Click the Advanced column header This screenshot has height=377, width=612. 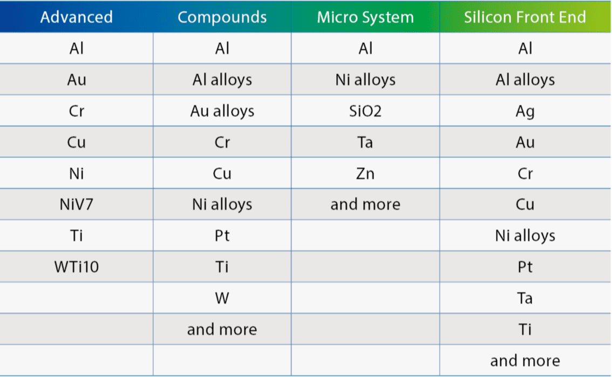tap(77, 17)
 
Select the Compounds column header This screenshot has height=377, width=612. tap(222, 17)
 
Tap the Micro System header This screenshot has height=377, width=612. tap(365, 17)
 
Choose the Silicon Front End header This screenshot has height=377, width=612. tap(525, 17)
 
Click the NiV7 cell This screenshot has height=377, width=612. tap(77, 204)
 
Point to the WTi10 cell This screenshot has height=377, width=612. tap(77, 267)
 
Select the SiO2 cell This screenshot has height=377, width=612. tap(365, 111)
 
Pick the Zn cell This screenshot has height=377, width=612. tap(365, 174)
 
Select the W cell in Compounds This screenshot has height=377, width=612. tap(222, 298)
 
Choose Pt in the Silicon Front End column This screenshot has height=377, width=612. tap(525, 267)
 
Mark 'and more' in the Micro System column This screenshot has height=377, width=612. tap(365, 204)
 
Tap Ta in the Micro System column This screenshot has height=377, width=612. tap(365, 142)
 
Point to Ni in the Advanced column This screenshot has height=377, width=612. tap(77, 174)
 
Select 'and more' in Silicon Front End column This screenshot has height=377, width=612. tap(525, 361)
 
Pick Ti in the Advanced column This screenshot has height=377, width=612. tap(77, 236)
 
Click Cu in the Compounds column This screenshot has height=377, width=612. tap(222, 174)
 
